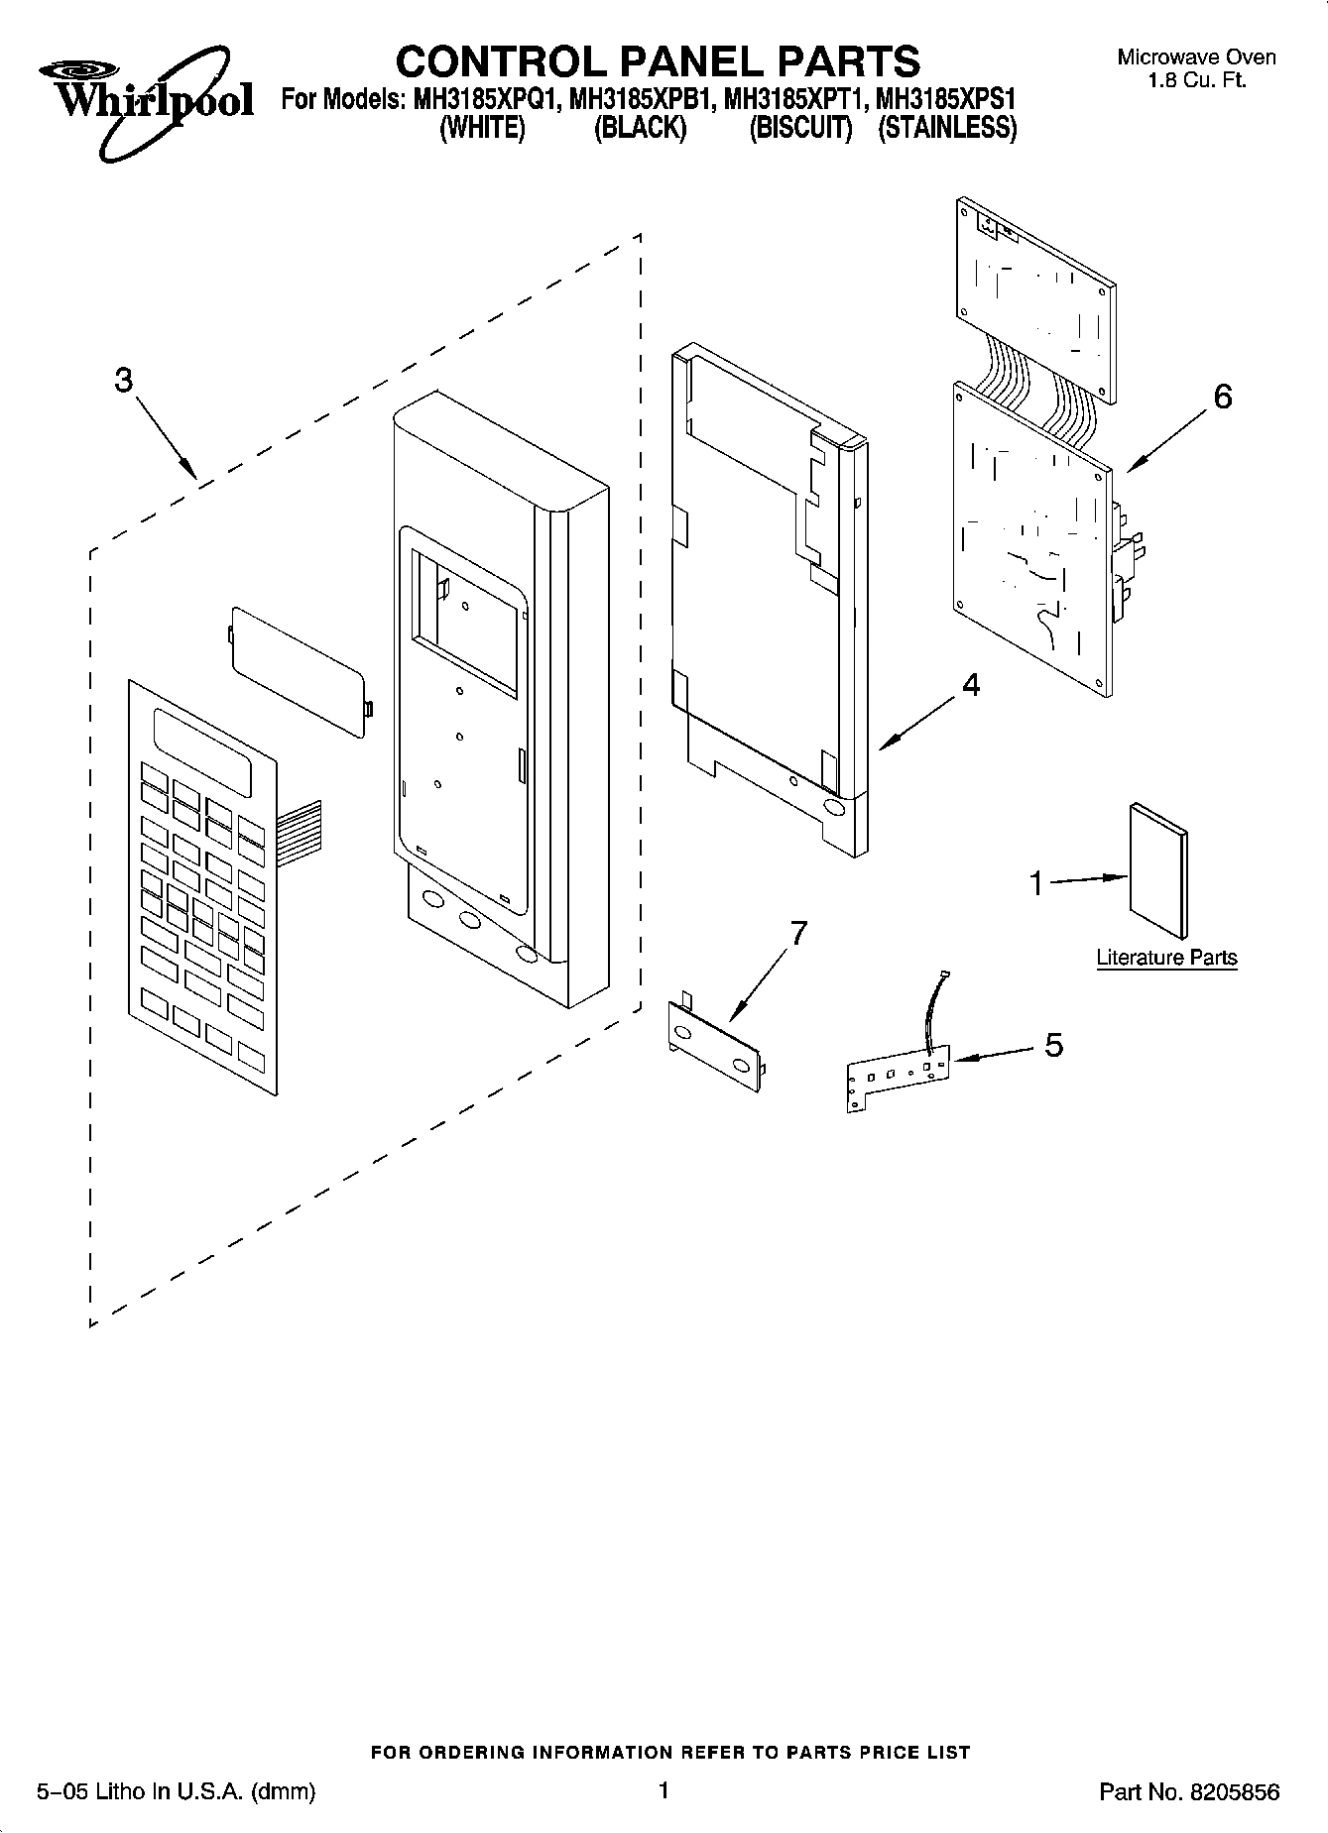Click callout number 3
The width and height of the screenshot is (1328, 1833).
click(x=123, y=380)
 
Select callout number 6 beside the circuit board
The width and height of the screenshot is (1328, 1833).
click(x=1223, y=397)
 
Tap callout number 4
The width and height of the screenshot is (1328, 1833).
click(x=971, y=684)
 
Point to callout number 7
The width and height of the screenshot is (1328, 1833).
click(x=797, y=933)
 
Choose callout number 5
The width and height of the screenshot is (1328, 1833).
click(x=1053, y=1044)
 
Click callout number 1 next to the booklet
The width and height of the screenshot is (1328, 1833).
click(x=1036, y=882)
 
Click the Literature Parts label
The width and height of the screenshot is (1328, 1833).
click(x=1166, y=958)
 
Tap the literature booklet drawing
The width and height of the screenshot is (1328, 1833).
click(x=1158, y=869)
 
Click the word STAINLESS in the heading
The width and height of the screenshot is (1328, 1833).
click(x=947, y=129)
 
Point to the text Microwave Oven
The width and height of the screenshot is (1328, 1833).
click(x=1196, y=57)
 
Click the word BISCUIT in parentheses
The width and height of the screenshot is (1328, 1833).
click(x=801, y=129)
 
